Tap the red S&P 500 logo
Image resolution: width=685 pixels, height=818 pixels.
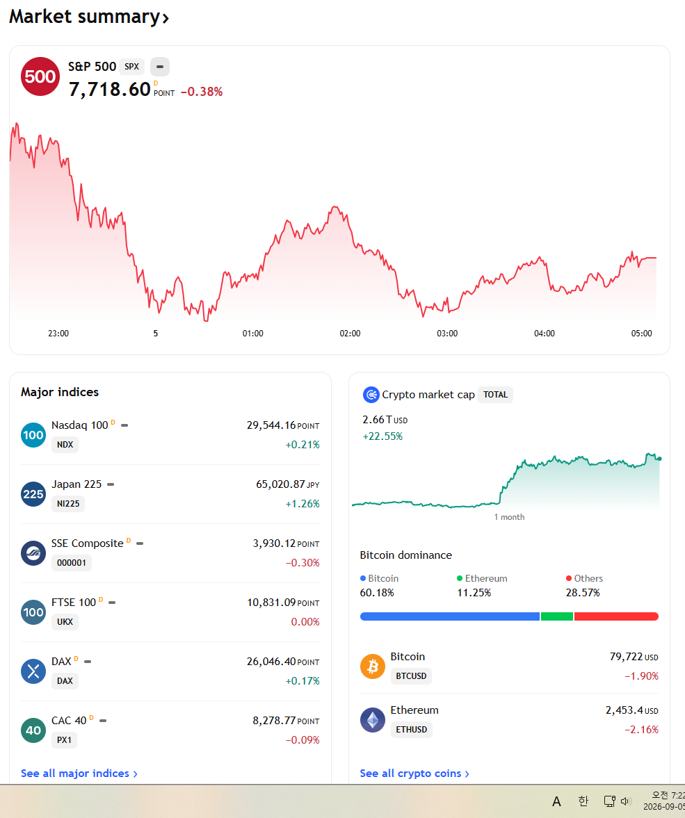click(40, 76)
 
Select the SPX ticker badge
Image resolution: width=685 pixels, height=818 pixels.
click(131, 67)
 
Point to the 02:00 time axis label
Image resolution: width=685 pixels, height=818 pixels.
click(350, 334)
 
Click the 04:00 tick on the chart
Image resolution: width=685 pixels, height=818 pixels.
click(544, 334)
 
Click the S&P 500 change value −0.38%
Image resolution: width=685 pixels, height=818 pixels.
click(202, 92)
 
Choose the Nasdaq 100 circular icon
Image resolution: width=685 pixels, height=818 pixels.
click(33, 435)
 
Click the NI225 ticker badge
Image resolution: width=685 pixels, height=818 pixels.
click(68, 504)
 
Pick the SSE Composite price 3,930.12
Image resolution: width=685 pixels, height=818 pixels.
click(274, 543)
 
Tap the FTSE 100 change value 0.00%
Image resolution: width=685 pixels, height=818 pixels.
click(305, 622)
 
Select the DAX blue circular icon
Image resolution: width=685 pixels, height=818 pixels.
click(33, 671)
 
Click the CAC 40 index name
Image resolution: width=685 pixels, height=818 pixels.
click(69, 721)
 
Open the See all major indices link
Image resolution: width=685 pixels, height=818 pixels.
click(79, 773)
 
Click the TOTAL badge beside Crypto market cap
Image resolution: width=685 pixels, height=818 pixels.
click(495, 395)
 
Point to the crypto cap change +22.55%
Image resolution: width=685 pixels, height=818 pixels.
click(382, 436)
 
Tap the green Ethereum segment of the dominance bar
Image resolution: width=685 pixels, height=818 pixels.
click(557, 616)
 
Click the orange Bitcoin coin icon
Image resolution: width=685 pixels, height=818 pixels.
click(373, 666)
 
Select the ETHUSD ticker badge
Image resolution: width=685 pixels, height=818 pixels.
click(412, 730)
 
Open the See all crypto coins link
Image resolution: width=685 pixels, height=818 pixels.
click(414, 773)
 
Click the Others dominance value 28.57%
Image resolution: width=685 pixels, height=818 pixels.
click(583, 593)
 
